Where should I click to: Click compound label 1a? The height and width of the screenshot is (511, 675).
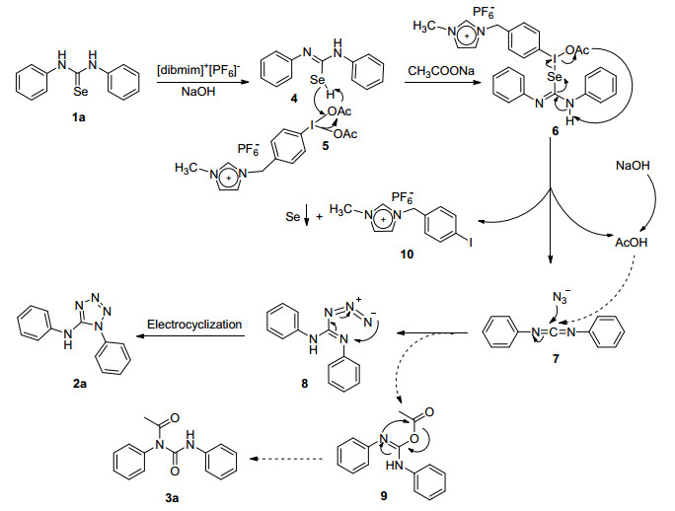tap(79, 117)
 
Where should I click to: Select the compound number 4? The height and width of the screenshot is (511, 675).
tap(294, 99)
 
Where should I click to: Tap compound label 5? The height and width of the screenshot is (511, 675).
tap(326, 146)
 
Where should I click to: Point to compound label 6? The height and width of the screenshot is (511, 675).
tap(556, 131)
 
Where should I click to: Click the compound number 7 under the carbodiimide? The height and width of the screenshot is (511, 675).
tap(556, 358)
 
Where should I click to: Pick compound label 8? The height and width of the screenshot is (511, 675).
tap(305, 383)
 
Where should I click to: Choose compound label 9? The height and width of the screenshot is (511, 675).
tap(384, 496)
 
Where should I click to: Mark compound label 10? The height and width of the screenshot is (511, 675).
tap(407, 255)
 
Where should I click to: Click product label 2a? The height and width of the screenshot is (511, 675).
tap(80, 383)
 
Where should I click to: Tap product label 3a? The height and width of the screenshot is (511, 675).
tap(172, 498)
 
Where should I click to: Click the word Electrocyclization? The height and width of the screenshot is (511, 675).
tap(194, 325)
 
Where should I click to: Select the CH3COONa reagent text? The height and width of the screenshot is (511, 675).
tap(441, 71)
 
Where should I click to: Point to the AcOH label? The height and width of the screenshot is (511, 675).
tap(632, 243)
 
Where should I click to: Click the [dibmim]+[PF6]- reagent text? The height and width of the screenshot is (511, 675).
tap(198, 69)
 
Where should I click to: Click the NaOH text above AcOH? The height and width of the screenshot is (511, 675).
tap(633, 166)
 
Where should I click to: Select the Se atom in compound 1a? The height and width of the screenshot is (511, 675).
tap(81, 91)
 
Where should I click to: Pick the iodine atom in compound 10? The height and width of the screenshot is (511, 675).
tap(471, 243)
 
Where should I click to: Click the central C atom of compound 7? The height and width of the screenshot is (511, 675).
tap(553, 332)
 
